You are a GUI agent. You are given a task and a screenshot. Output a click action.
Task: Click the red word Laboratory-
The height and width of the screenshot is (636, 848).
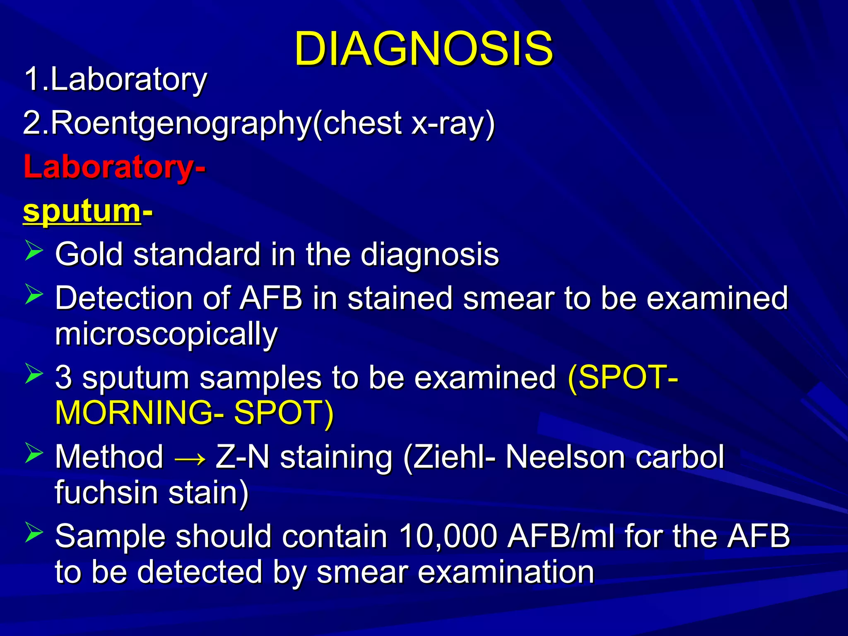[x=114, y=167]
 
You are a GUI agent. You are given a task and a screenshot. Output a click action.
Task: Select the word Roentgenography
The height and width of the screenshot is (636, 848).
[x=181, y=123]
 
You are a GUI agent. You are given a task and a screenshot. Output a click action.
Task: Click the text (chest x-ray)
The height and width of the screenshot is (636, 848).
[x=404, y=123]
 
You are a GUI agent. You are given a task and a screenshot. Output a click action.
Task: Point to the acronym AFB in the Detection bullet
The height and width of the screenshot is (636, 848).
[x=271, y=298]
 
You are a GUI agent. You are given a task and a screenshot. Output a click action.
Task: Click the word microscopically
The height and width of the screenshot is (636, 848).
[x=166, y=334]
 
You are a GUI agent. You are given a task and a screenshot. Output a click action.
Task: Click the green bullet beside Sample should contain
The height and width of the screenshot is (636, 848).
[x=34, y=532]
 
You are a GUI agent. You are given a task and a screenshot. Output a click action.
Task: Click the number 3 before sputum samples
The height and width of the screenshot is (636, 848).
[x=63, y=377]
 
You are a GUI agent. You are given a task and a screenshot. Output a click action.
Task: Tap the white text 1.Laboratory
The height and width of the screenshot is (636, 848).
[x=116, y=79]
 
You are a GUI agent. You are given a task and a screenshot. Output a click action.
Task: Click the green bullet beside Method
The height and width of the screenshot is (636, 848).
[x=34, y=453]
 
